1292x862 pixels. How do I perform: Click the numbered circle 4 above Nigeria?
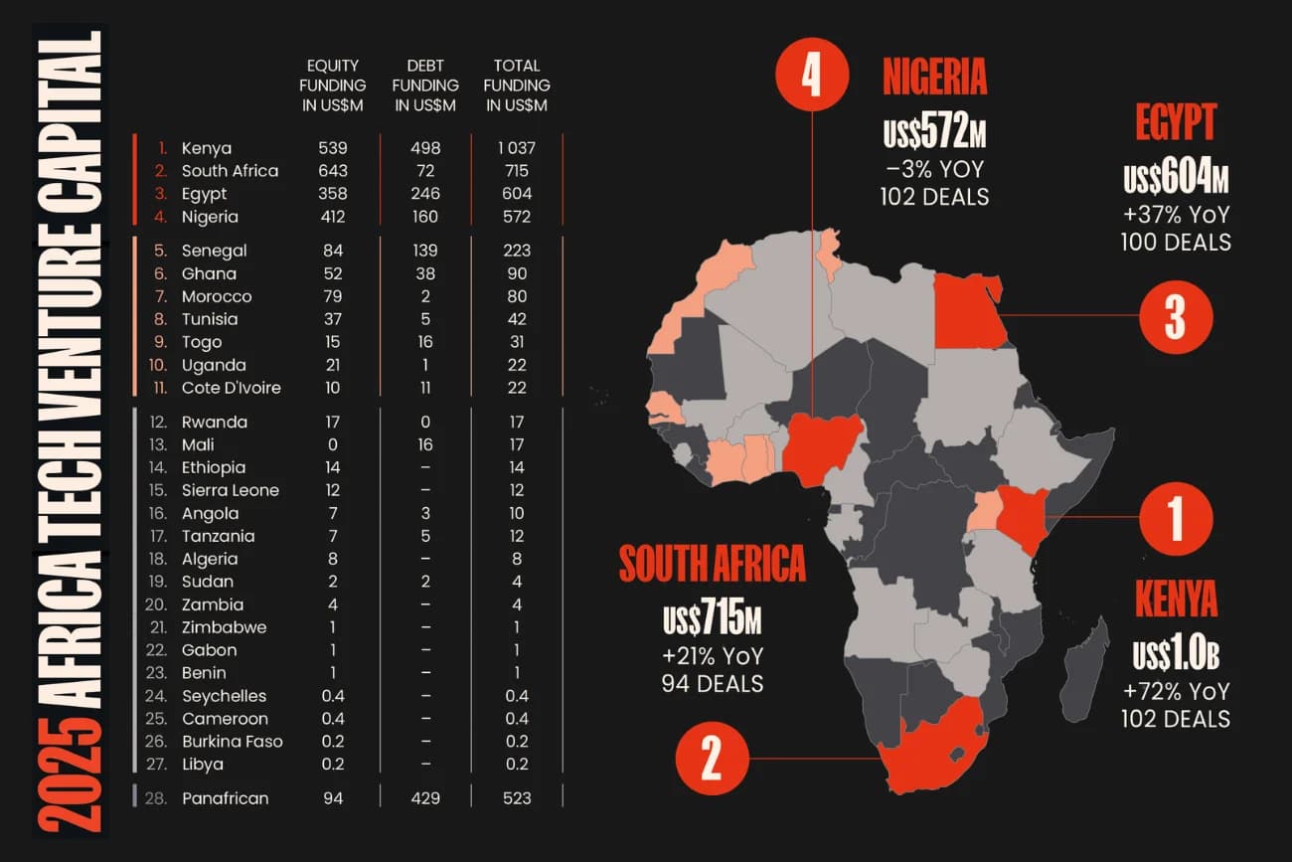point(812,74)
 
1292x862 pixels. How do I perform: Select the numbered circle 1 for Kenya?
point(1175,517)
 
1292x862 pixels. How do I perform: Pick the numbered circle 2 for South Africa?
point(712,761)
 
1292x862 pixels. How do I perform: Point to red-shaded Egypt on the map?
point(969,310)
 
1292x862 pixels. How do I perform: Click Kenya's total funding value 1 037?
point(517,148)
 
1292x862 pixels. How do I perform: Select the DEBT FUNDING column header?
point(425,86)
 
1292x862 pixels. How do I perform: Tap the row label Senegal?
point(214,251)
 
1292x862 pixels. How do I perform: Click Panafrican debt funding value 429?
point(425,797)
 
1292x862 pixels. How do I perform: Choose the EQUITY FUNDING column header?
point(333,86)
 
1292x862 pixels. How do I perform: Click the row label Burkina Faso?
point(232,742)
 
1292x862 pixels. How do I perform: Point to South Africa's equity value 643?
point(333,171)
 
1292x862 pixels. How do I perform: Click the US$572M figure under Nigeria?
point(934,131)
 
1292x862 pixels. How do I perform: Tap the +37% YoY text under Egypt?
point(1176,214)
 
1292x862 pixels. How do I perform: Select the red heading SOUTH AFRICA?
point(712,565)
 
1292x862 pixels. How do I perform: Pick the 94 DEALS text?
point(712,684)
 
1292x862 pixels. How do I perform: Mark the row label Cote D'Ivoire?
point(231,388)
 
